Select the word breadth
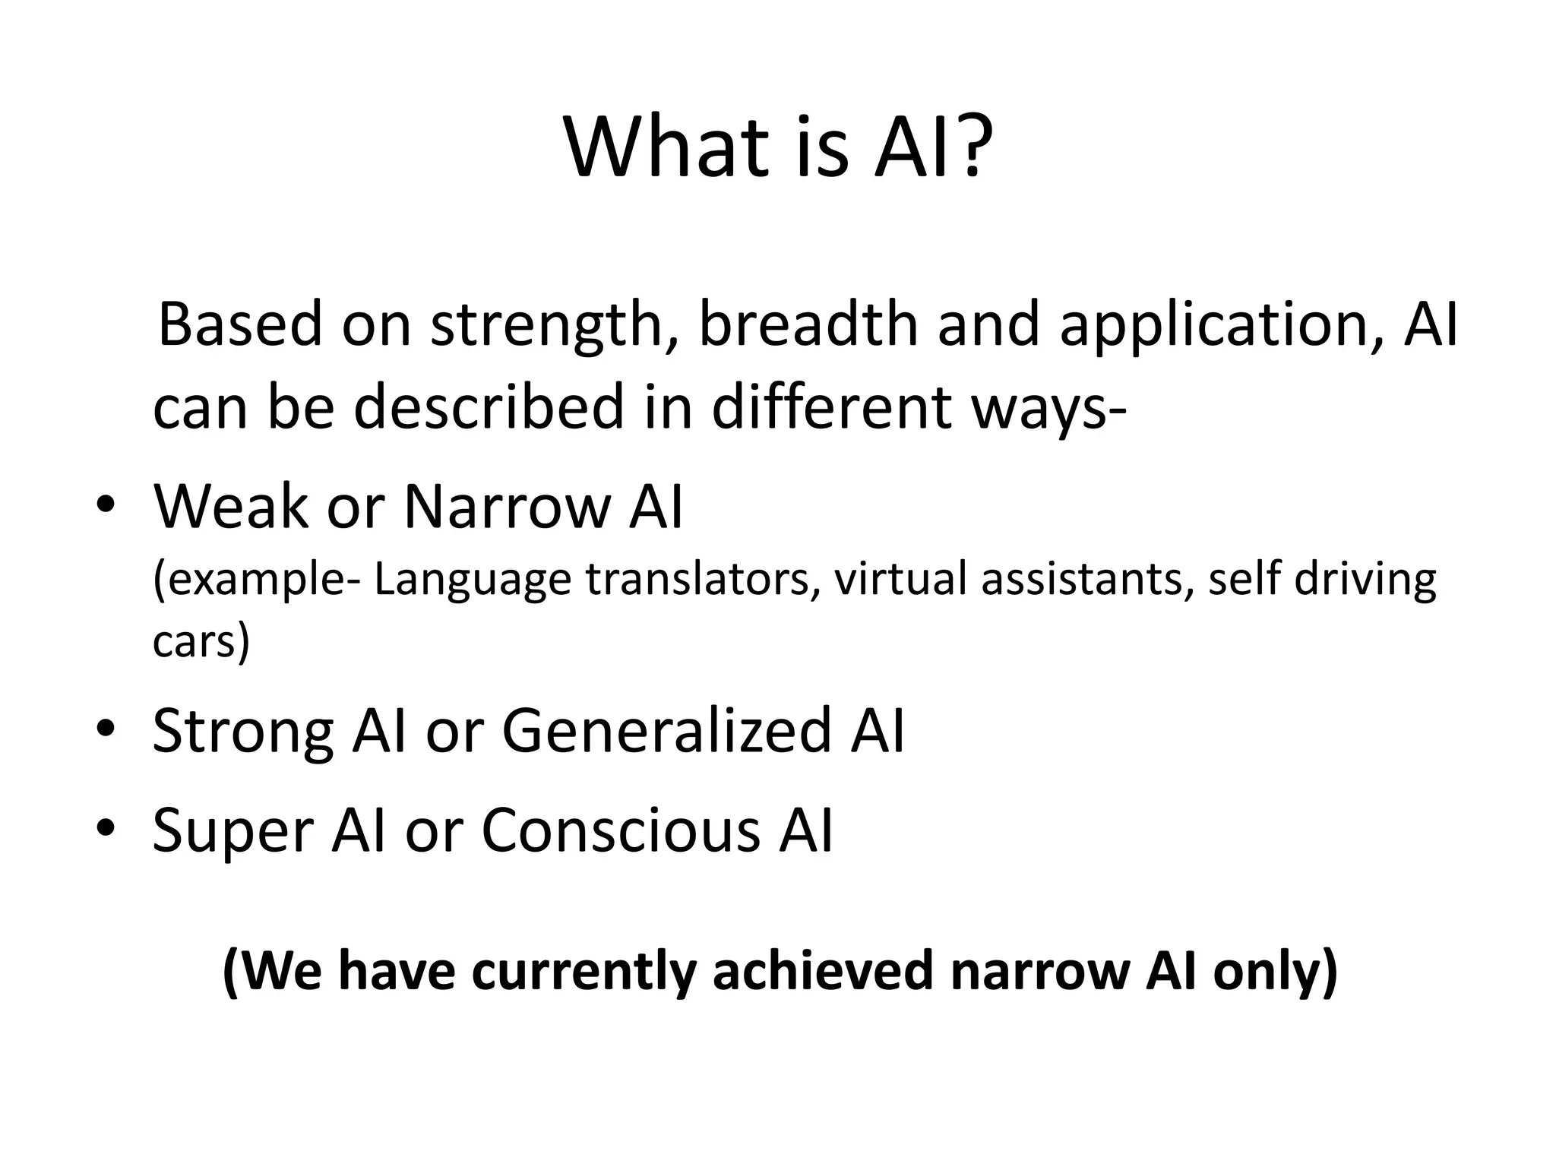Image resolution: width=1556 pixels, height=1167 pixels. tap(808, 324)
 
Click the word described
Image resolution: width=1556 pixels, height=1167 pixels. tap(489, 406)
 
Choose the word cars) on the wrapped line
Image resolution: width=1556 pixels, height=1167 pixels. tap(201, 643)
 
